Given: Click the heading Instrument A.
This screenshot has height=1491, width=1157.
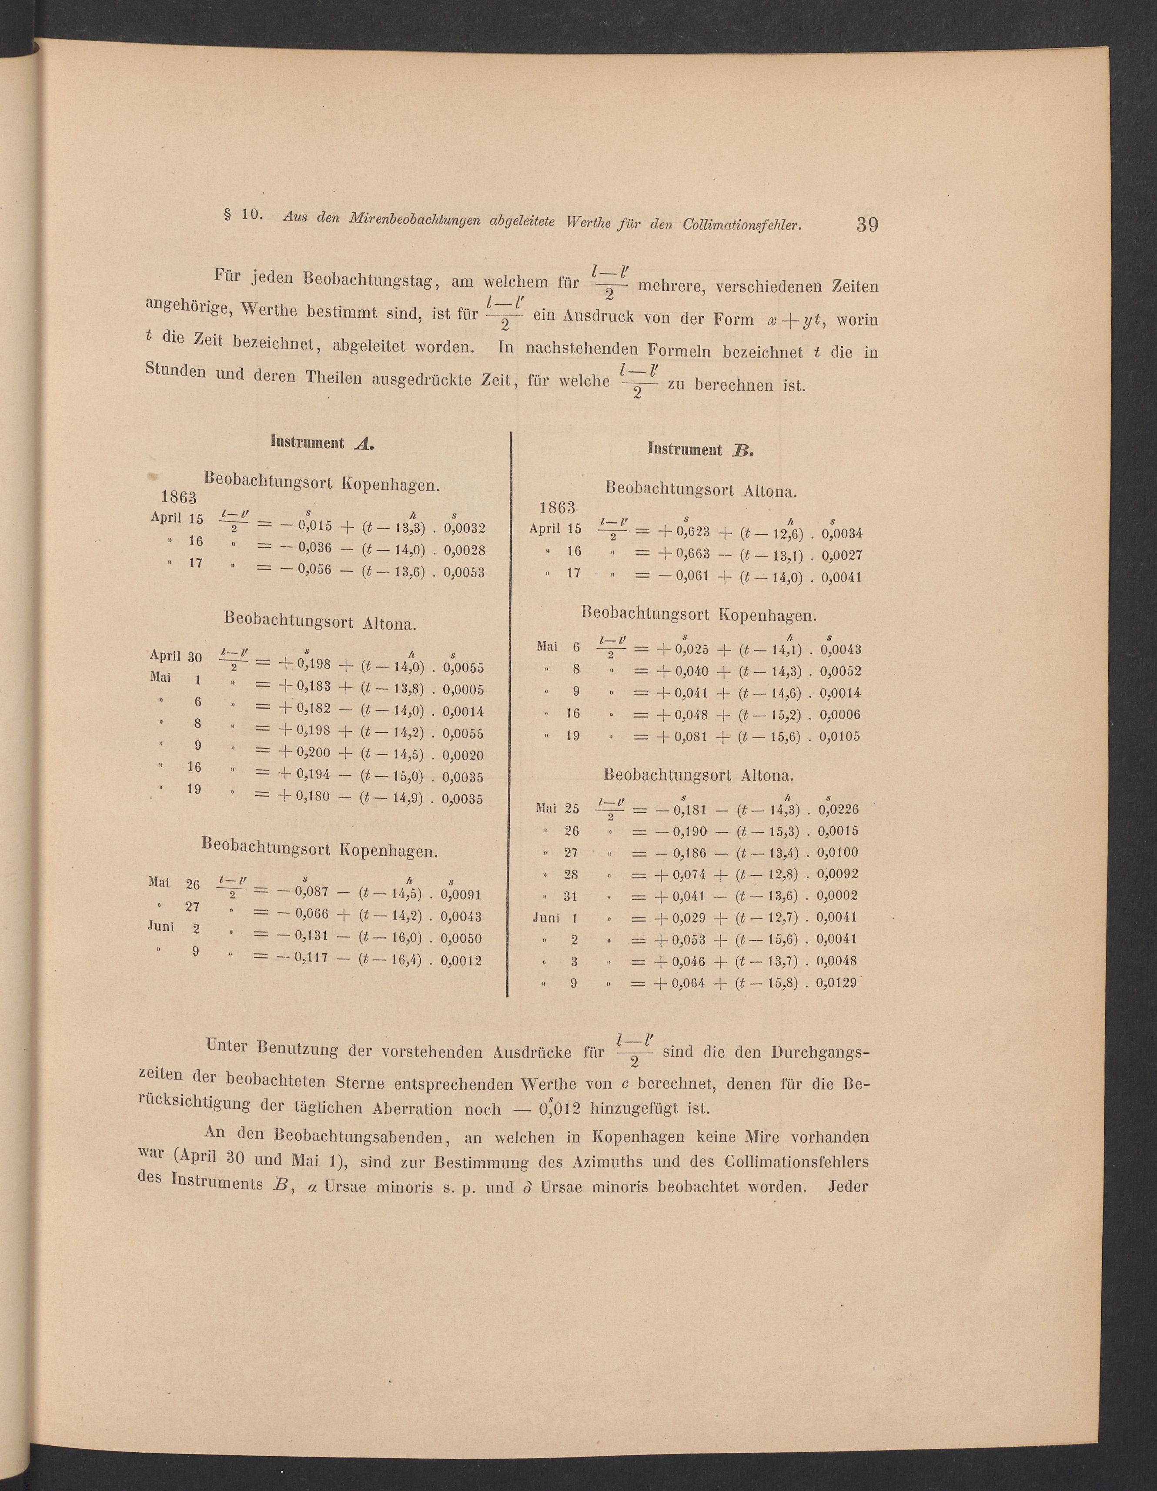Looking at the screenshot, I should click(322, 442).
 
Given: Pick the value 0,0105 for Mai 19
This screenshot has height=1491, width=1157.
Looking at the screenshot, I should click(839, 737).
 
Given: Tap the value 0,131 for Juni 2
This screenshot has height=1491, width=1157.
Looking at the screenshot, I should click(312, 938).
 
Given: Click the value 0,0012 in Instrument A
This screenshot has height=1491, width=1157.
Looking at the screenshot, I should click(461, 961).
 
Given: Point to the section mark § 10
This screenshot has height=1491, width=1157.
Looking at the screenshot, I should click(243, 214).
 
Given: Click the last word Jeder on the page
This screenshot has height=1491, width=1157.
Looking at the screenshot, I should click(847, 1186).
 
